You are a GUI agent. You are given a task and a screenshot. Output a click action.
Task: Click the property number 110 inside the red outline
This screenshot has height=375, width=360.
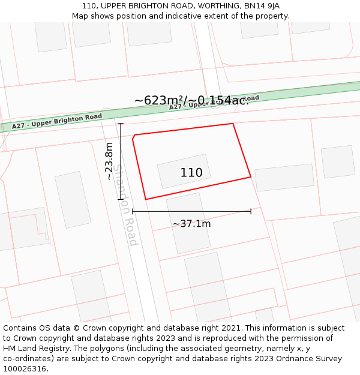tap(191, 173)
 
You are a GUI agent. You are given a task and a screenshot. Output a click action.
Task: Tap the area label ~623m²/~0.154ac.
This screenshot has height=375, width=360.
tap(191, 100)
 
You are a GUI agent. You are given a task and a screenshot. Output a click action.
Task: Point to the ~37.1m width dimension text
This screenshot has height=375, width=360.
tap(191, 224)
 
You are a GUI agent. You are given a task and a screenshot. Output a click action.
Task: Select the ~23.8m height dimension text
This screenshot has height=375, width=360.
tap(109, 161)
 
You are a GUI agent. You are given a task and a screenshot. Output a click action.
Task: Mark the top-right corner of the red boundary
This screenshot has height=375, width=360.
tap(233, 124)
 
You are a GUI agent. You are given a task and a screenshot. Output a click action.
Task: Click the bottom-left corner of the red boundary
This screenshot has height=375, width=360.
tap(146, 199)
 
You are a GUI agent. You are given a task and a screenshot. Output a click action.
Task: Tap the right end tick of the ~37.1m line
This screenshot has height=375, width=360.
tap(251, 211)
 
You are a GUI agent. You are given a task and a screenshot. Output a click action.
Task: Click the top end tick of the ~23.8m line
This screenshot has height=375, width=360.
tap(121, 124)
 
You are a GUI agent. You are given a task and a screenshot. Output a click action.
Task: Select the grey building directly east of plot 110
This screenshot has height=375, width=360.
tap(284, 178)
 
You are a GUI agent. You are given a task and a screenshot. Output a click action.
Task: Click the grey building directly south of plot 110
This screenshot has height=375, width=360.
tap(188, 222)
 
